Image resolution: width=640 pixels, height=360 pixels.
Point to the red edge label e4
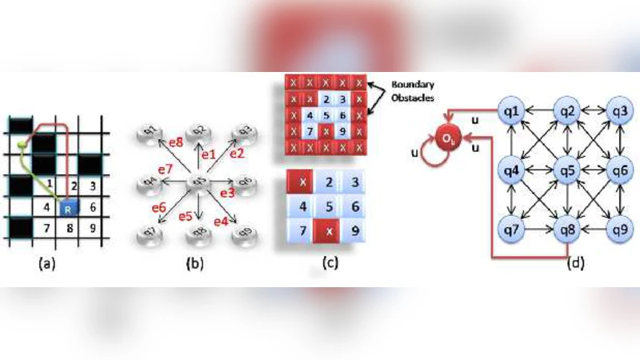pos(221,220)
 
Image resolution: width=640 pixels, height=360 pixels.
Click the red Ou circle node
pos(448,141)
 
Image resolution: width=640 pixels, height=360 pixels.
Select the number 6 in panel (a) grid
pos(95,207)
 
